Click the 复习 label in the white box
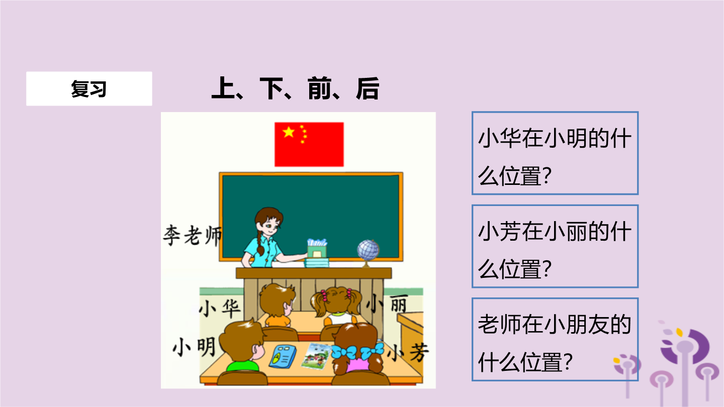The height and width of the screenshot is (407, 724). click(89, 89)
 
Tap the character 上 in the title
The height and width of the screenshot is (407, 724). click(223, 88)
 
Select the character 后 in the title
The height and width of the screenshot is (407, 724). click(368, 88)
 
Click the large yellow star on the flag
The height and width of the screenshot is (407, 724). click(288, 132)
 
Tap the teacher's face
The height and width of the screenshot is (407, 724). click(270, 226)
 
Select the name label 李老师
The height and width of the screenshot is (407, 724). click(193, 235)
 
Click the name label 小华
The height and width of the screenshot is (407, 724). click(220, 308)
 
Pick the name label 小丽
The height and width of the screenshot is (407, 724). click(387, 303)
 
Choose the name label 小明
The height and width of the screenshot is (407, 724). click(194, 347)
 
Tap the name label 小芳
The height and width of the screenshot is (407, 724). click(408, 352)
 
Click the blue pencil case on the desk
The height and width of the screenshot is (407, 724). click(283, 356)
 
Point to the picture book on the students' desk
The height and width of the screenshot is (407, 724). click(316, 356)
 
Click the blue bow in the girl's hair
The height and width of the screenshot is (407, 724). click(357, 351)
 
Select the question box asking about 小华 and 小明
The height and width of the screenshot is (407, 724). click(555, 153)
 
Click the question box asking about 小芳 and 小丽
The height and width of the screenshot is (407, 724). click(555, 246)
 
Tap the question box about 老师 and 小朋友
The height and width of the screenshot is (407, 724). click(555, 340)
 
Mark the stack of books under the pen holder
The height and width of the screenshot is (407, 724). click(317, 263)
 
